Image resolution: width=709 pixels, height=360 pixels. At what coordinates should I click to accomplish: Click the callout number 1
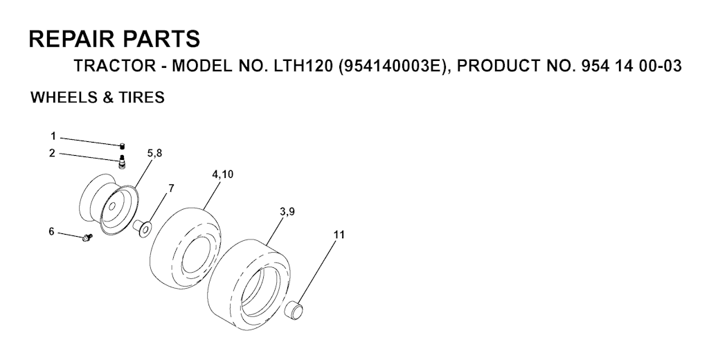click(53, 136)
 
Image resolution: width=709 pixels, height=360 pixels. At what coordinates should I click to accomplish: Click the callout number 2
click(53, 153)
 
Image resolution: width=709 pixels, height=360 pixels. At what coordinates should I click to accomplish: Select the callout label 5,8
click(154, 153)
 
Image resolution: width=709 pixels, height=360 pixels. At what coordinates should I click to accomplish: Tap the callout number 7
click(171, 188)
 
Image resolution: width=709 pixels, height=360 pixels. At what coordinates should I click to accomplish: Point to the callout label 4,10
click(222, 174)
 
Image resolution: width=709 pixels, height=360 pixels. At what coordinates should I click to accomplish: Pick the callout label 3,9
click(287, 211)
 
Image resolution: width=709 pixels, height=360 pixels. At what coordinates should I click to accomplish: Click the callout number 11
click(339, 235)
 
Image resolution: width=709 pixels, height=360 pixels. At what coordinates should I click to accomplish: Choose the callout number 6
click(51, 231)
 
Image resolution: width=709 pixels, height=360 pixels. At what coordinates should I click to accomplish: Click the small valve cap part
click(122, 145)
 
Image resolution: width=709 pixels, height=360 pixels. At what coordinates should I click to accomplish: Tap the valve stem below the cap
click(121, 161)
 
